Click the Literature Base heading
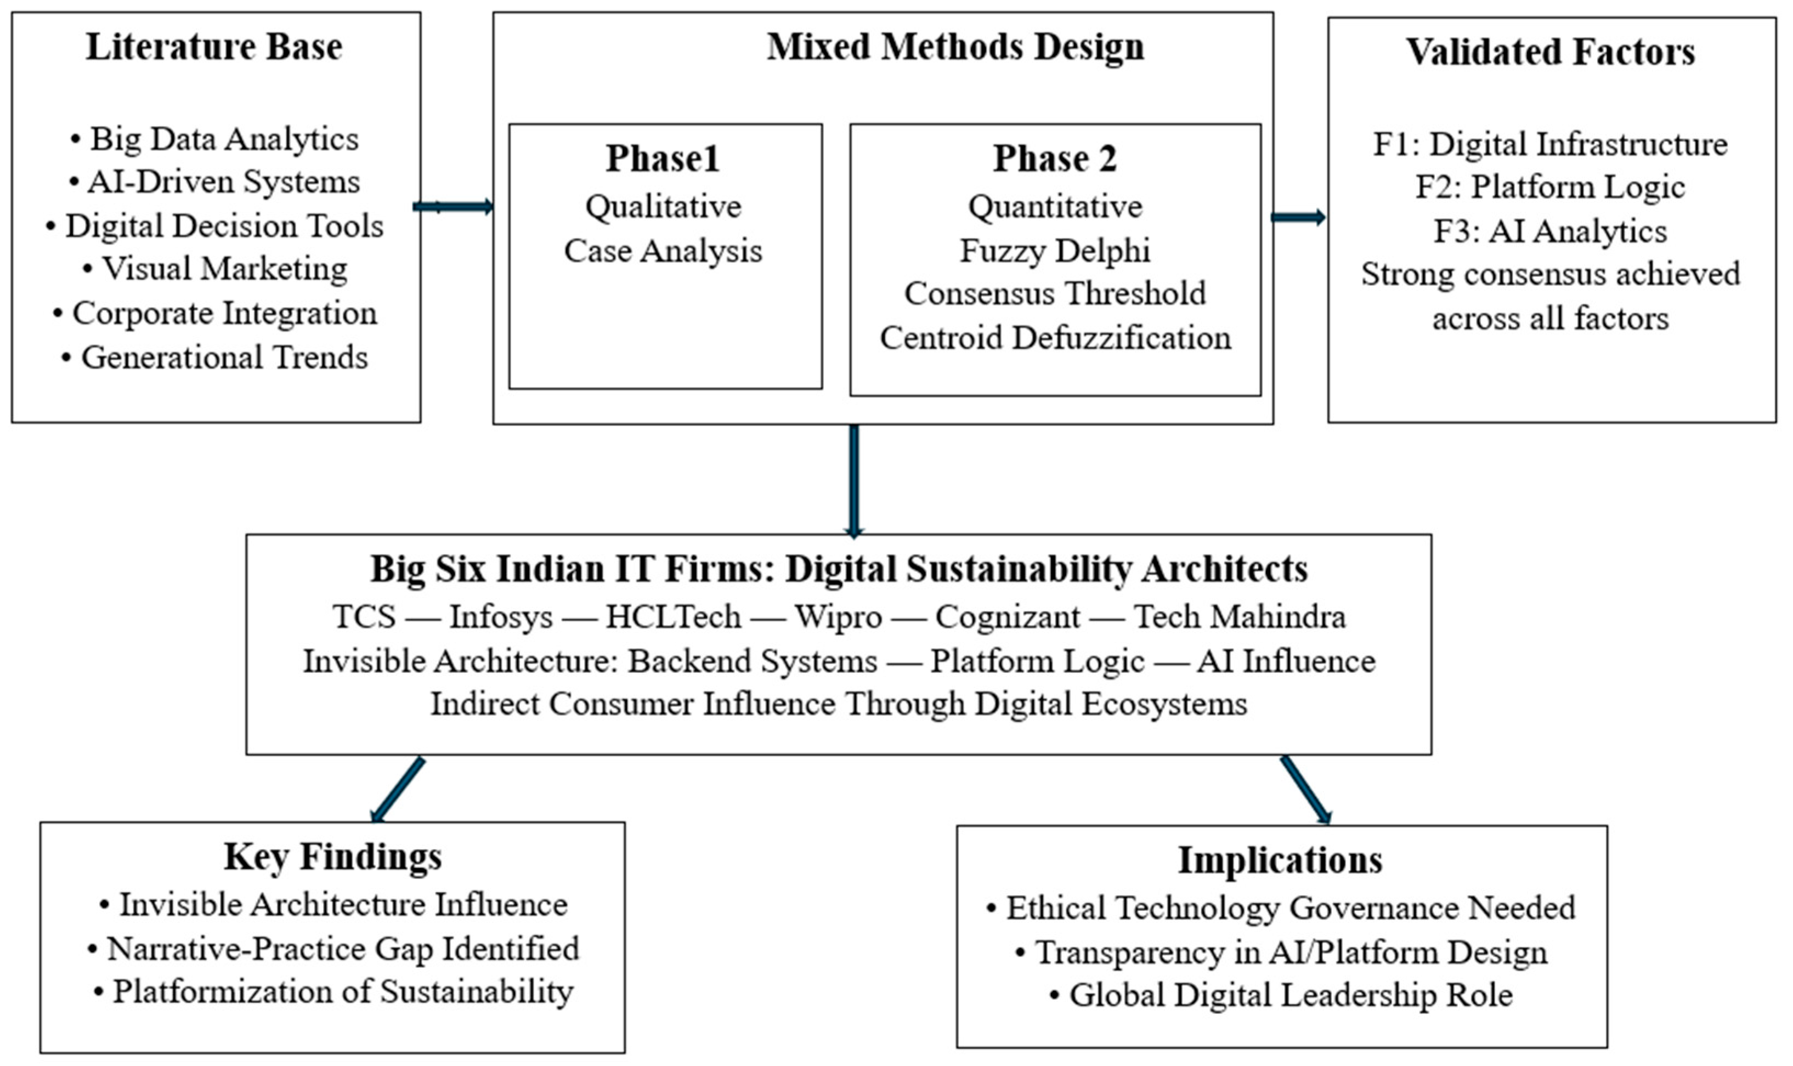pos(214,47)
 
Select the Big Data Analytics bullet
pos(214,139)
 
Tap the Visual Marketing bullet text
pos(215,269)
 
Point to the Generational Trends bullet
pos(214,357)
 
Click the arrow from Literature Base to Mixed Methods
pos(453,207)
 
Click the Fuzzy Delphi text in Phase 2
pos(1055,251)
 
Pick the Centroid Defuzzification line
pos(1055,338)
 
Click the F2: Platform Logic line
pos(1550,188)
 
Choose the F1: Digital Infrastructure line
pos(1550,144)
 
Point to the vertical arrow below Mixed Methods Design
pos(853,481)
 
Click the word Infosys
pos(501,617)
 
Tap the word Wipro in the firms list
pos(838,617)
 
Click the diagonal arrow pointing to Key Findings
pos(397,790)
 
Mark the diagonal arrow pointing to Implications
pos(1306,790)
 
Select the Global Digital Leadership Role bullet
pos(1281,996)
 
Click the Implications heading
pos(1280,860)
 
